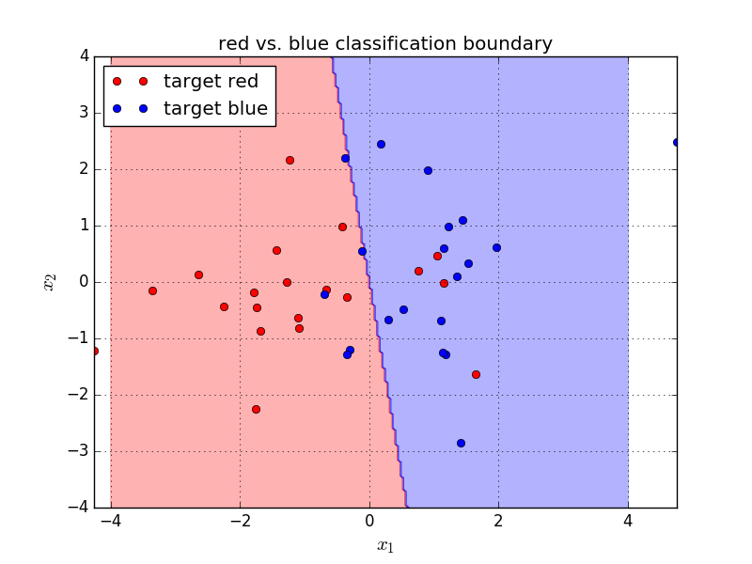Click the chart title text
[385, 43]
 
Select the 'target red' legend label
[211, 81]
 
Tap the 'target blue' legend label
[216, 108]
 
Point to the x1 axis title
[385, 546]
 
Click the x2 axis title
[50, 282]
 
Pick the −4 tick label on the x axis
[111, 521]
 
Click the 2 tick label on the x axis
[498, 521]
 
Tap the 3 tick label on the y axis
[85, 113]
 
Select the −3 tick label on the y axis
[79, 451]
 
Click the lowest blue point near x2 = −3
[461, 443]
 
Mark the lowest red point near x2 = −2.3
[256, 410]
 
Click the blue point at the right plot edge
[676, 143]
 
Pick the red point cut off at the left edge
[96, 351]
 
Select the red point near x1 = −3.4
[152, 291]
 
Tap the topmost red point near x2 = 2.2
[290, 160]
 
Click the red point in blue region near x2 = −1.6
[476, 374]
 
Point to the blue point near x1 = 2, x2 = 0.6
[497, 248]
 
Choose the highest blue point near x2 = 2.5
[381, 145]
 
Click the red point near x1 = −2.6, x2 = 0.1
[198, 274]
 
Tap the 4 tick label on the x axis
[628, 521]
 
